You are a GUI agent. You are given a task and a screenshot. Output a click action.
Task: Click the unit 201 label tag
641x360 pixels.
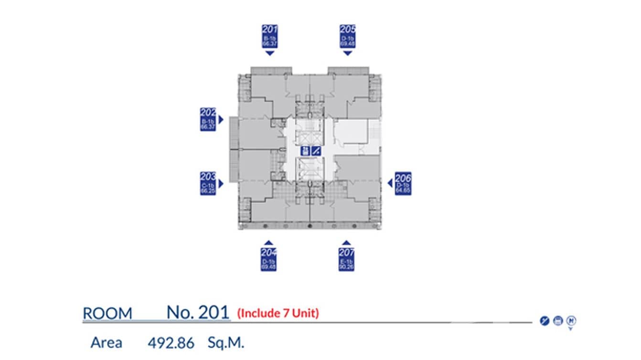pos(270,36)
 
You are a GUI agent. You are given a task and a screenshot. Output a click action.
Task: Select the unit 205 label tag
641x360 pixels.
pos(348,36)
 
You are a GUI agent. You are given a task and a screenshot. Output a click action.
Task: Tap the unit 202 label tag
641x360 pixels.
pos(208,119)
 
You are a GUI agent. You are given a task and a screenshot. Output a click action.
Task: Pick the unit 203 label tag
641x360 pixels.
pos(208,183)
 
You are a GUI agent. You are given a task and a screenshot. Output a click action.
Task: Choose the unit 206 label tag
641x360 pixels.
pos(403,183)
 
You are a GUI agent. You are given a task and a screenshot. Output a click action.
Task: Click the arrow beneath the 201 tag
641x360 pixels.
pos(270,53)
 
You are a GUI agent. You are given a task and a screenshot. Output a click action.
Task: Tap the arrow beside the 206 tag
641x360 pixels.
pos(390,183)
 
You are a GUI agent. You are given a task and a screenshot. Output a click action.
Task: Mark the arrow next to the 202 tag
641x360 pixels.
pos(221,119)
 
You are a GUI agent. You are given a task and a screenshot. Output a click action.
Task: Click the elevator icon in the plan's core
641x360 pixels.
pos(305,151)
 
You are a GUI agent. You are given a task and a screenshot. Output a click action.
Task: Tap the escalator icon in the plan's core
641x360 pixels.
pos(316,151)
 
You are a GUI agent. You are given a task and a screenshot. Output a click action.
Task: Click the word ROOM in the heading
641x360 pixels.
pos(107,314)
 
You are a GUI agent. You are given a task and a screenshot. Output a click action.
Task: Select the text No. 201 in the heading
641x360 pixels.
pos(197,312)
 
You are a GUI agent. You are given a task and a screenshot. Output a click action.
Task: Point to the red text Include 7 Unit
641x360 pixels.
pos(278,314)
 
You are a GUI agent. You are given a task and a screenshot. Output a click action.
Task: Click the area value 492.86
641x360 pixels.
pos(171,343)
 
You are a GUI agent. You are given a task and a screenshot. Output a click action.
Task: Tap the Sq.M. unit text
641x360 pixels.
pos(226,343)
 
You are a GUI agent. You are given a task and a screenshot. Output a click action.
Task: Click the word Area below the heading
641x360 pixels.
pos(106,343)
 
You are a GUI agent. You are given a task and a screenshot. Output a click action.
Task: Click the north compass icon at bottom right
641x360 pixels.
pos(571,321)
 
